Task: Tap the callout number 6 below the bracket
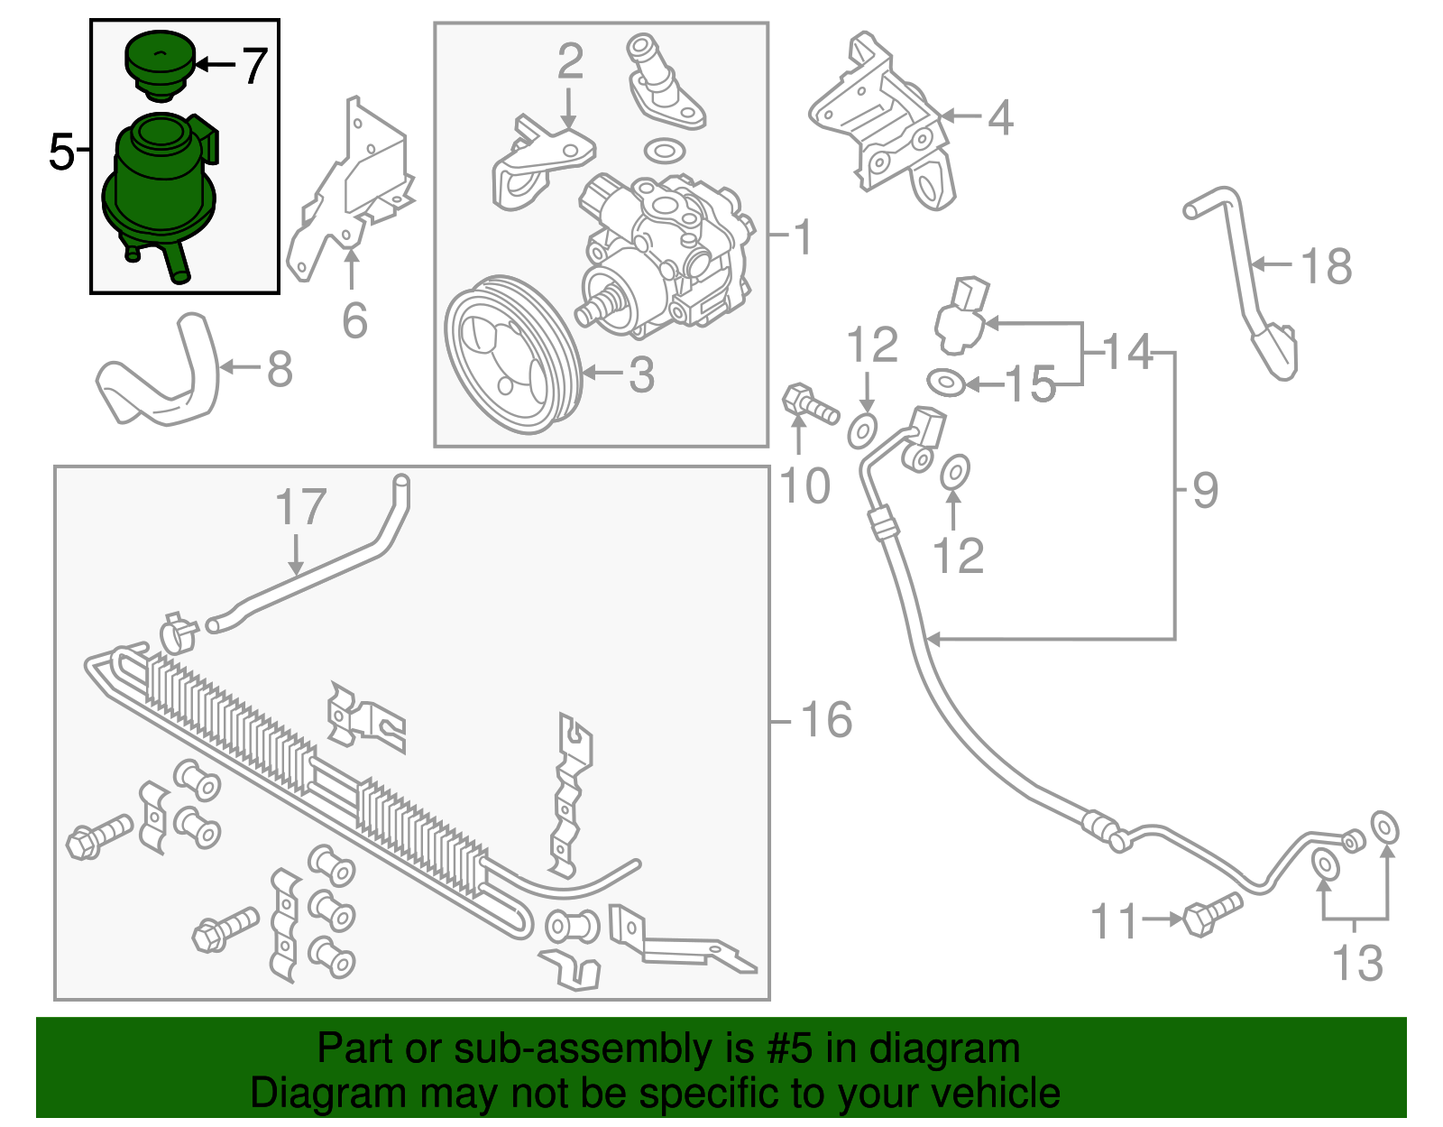point(354,320)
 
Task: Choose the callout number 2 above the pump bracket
point(570,61)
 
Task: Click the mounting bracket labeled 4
point(888,126)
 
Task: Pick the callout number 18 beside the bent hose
point(1326,266)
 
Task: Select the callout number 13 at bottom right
point(1357,963)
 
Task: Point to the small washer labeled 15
point(946,383)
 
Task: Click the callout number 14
point(1127,351)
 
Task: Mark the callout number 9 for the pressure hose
point(1205,490)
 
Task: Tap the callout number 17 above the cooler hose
point(300,507)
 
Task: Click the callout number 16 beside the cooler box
point(825,720)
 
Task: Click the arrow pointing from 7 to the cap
point(214,64)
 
